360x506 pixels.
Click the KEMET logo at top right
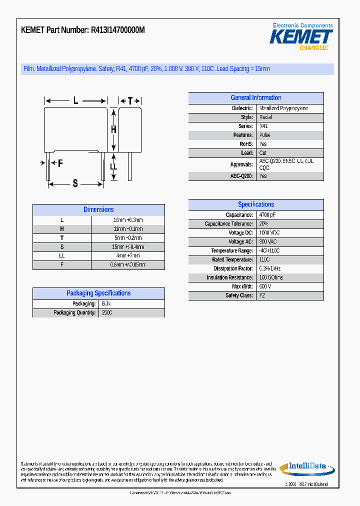(301, 37)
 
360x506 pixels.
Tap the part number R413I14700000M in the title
(117, 30)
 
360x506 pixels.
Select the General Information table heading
(255, 98)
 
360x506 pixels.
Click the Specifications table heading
(255, 204)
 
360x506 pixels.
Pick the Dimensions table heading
(98, 210)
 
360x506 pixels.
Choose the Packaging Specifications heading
(98, 293)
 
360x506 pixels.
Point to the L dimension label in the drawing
(75, 101)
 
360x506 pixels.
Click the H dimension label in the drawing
(113, 129)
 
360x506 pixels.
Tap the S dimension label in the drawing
(75, 183)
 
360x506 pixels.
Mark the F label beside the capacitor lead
(60, 163)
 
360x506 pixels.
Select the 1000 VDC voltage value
(270, 233)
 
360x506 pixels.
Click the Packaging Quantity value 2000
(107, 313)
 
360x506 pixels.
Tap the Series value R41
(263, 126)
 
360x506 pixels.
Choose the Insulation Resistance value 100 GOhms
(271, 277)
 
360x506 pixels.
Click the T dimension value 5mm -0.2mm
(127, 238)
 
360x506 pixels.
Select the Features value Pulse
(264, 135)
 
